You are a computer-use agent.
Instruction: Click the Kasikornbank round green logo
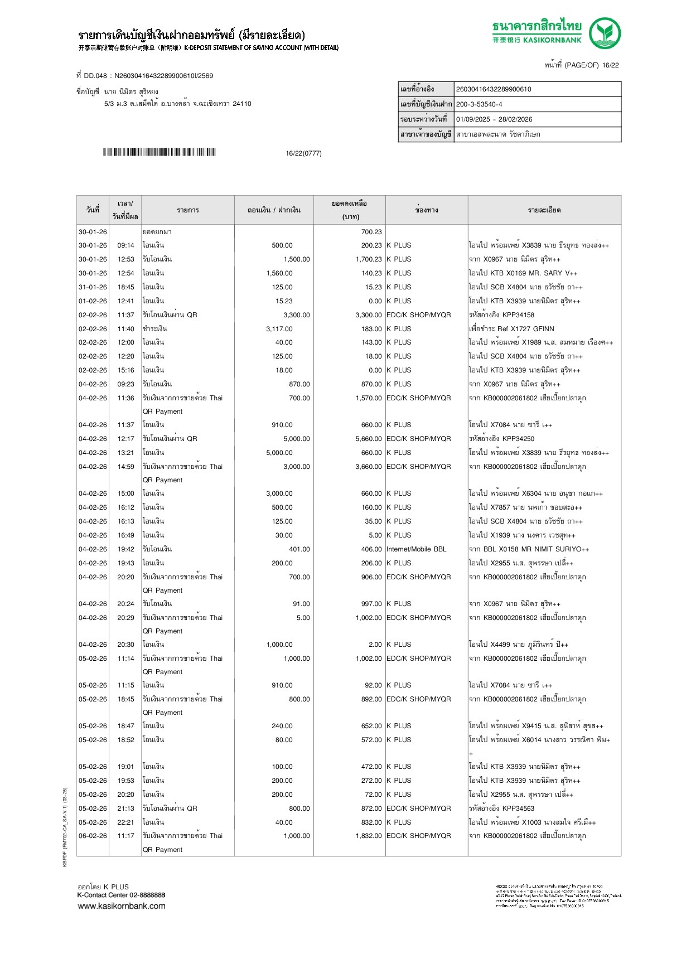click(605, 33)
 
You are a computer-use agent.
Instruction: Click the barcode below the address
click(159, 152)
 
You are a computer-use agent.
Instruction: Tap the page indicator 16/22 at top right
click(610, 65)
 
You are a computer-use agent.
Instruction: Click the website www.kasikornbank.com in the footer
click(122, 906)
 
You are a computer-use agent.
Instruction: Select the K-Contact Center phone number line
click(121, 895)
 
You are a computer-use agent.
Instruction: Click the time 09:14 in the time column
click(125, 245)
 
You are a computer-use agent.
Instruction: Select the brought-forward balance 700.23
click(371, 232)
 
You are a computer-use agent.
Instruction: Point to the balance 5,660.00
click(369, 439)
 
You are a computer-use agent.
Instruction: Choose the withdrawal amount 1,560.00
click(279, 273)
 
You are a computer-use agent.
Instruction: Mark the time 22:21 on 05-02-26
click(125, 822)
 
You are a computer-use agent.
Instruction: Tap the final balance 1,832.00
click(369, 836)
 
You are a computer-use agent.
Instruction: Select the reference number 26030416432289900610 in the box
click(494, 89)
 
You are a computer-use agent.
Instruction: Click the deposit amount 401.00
click(299, 549)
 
